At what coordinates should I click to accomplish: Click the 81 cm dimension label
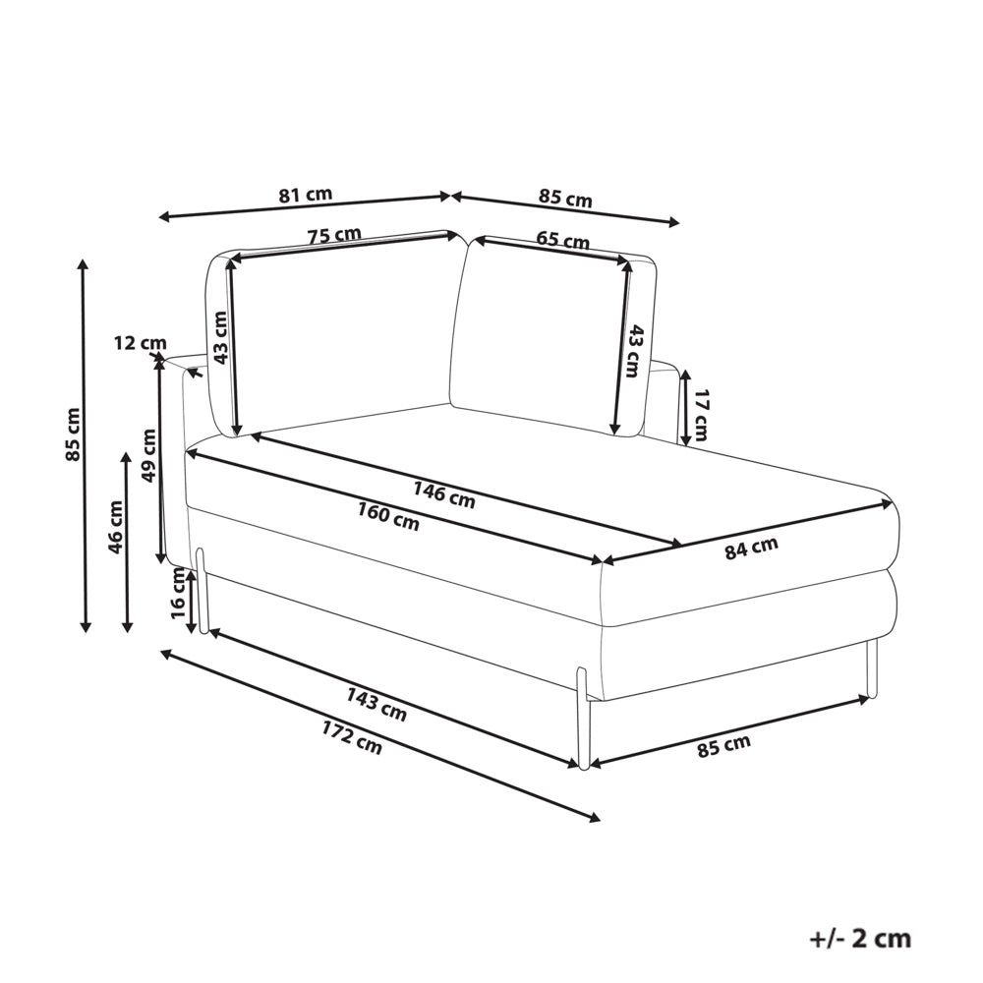[306, 195]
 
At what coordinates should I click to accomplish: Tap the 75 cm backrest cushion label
[334, 236]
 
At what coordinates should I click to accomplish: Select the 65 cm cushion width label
[563, 240]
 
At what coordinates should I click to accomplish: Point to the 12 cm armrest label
[141, 343]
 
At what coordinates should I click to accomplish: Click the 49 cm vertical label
[149, 455]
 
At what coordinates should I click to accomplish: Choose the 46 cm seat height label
[116, 527]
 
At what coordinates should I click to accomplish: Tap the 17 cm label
[701, 415]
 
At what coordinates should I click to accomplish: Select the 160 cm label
[388, 517]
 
